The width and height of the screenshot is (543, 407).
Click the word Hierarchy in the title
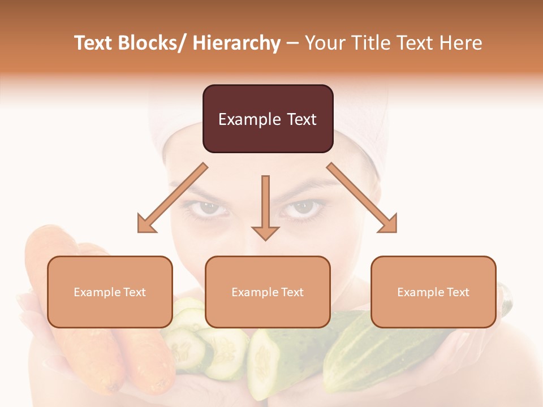[236, 43]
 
